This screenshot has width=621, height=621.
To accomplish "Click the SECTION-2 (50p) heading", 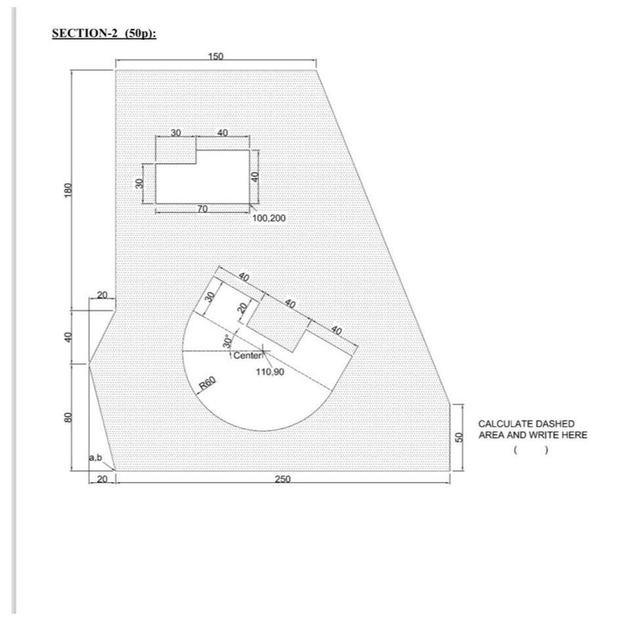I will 104,34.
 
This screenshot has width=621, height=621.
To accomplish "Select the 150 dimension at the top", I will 216,57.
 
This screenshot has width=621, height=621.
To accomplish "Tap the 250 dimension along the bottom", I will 283,480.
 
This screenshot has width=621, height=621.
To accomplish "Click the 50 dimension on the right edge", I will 458,437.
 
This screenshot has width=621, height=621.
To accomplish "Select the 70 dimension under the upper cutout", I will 203,209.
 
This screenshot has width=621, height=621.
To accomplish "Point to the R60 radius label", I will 208,384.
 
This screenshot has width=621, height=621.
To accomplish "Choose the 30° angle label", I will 227,341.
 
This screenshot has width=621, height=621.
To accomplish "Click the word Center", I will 247,356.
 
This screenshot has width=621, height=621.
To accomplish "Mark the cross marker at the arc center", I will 264,351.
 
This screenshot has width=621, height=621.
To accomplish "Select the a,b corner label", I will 96,456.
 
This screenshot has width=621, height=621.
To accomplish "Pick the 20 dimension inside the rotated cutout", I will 242,308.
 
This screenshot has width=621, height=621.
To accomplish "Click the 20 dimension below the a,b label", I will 101,480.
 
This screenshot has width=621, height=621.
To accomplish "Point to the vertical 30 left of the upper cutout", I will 140,184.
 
